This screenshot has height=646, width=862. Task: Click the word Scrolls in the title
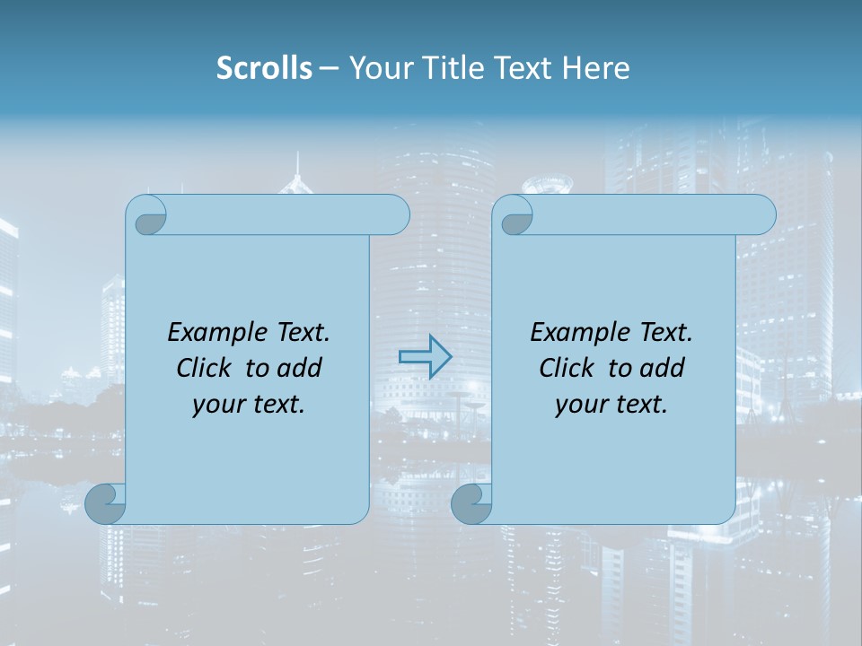[x=264, y=68]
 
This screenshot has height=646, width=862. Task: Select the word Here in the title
[x=595, y=68]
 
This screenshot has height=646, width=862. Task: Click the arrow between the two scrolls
[x=425, y=357]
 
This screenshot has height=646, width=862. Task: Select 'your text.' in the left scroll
[x=249, y=405]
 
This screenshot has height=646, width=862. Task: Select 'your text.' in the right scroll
[x=611, y=405]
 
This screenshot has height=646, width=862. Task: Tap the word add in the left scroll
[x=299, y=368]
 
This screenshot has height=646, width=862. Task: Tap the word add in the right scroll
[x=662, y=368]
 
